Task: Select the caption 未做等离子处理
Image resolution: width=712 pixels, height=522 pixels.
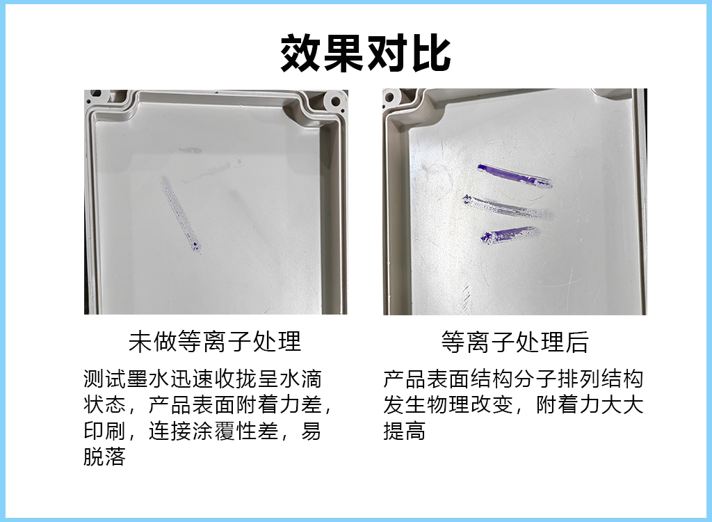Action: tap(215, 342)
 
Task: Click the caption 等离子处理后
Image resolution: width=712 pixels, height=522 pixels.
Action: tap(515, 342)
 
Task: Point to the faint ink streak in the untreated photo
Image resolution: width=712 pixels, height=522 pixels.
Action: tap(180, 214)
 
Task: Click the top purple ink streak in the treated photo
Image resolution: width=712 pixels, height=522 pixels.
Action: tap(515, 175)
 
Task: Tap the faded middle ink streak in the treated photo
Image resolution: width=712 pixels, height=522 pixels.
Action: tap(508, 208)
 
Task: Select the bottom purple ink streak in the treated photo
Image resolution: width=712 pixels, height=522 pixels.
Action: tap(508, 235)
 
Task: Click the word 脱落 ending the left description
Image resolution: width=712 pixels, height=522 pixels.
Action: tap(104, 457)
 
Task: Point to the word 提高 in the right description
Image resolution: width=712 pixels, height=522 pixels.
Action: tap(405, 431)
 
